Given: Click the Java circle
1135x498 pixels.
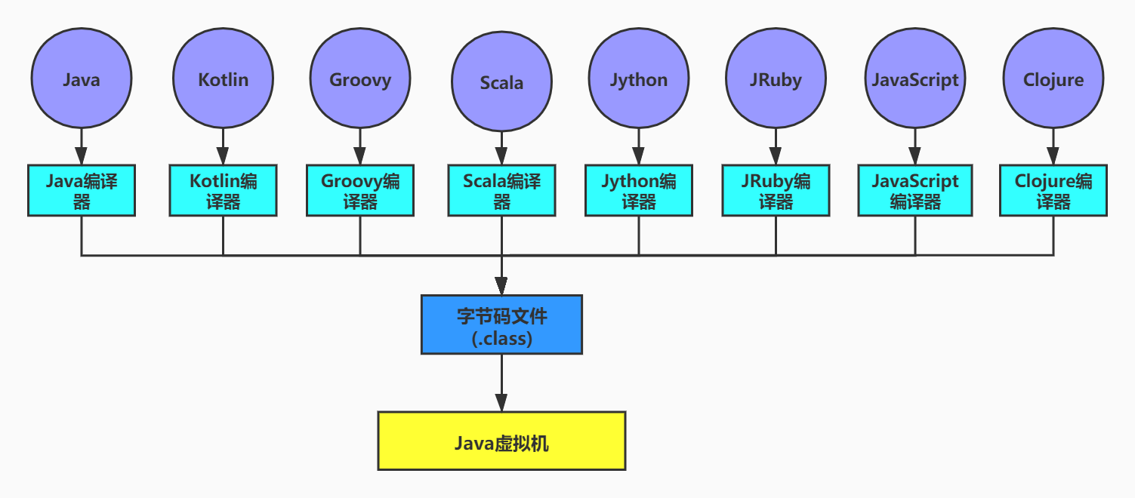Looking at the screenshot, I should [x=82, y=78].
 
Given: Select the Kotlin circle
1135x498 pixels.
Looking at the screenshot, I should [x=223, y=78].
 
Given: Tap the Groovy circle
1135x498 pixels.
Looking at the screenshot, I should [x=360, y=78].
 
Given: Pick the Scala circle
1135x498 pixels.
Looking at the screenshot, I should [x=501, y=81].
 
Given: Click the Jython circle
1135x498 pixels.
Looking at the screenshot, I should [x=639, y=78].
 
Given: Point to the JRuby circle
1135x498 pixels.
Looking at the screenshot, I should [x=776, y=78].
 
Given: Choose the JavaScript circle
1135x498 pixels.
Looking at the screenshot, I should [x=915, y=78].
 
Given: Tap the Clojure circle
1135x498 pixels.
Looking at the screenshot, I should [x=1053, y=78].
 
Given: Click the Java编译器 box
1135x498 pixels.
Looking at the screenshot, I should [x=82, y=191].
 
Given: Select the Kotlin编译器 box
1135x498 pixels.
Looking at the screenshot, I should [x=223, y=191].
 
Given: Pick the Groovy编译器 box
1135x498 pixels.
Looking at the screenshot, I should [x=360, y=191].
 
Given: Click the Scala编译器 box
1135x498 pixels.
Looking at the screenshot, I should [x=501, y=191].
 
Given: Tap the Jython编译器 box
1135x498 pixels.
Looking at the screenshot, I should [x=639, y=191].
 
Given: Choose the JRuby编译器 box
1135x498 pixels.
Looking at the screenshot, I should [x=776, y=191].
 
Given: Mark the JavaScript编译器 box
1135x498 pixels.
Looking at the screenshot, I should [x=915, y=191].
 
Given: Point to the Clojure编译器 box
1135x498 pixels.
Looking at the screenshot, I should [x=1053, y=191].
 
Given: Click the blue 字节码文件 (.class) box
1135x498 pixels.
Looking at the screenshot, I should [x=501, y=325].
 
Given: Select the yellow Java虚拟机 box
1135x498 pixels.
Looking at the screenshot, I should [x=501, y=441].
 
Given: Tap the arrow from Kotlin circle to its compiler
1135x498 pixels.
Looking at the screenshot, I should [x=223, y=146].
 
